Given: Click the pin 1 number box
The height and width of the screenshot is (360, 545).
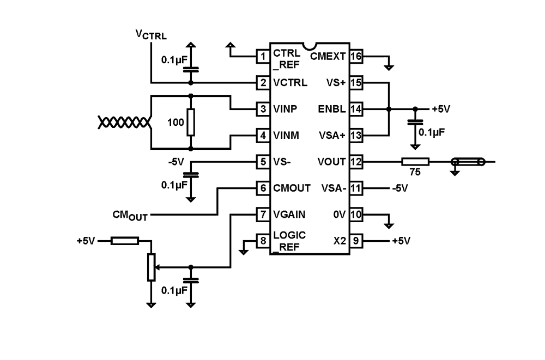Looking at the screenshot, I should click(263, 56).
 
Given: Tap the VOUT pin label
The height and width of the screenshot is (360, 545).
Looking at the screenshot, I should click(331, 162).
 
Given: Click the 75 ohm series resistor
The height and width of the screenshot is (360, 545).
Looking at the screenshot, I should click(415, 162).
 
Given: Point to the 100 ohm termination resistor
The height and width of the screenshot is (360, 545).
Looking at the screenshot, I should click(190, 122).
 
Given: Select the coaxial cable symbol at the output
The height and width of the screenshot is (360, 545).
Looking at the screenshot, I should click(466, 162).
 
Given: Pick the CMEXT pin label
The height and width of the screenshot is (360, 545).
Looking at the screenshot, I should click(328, 56).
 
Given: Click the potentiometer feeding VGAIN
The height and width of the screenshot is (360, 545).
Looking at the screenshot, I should click(151, 267).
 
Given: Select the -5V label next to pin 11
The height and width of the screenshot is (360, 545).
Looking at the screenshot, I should click(399, 188).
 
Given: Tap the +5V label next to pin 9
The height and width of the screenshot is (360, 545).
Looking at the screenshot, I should click(401, 241).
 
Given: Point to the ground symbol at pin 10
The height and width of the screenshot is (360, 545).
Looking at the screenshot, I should click(388, 223).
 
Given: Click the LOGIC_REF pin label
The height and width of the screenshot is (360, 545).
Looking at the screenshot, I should click(289, 241).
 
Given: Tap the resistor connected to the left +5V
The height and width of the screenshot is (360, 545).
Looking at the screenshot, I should click(124, 241).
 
